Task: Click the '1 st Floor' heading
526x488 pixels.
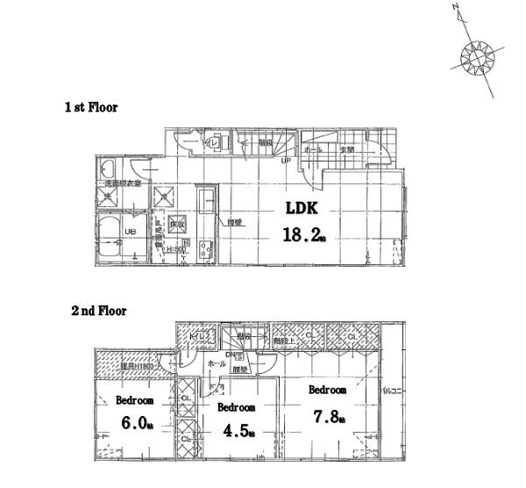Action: (90, 107)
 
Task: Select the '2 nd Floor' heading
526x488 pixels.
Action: (98, 311)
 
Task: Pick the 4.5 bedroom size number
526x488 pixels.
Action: (236, 431)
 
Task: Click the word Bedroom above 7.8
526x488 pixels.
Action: (327, 390)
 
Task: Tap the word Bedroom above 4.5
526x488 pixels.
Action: (236, 408)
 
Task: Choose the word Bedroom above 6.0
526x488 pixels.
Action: (134, 400)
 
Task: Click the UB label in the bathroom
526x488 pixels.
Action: (129, 232)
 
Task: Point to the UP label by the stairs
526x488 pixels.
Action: (286, 161)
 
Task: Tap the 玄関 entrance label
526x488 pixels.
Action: (347, 150)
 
